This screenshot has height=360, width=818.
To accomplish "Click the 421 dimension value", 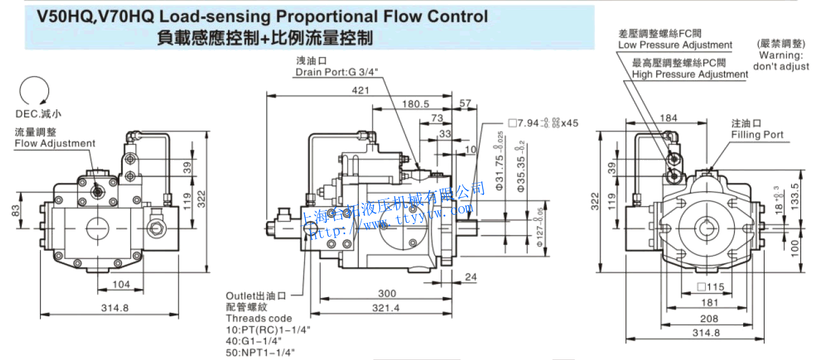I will [x=360, y=90].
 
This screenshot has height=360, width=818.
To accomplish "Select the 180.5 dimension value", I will [x=416, y=104].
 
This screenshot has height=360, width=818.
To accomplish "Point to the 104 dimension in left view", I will [x=120, y=284].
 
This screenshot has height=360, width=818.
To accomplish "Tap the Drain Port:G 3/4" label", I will [x=337, y=72].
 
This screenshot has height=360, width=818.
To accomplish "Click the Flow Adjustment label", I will [x=55, y=143].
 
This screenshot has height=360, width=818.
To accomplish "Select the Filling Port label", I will [x=757, y=135].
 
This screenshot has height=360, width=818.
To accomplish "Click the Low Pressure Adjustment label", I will [x=675, y=45].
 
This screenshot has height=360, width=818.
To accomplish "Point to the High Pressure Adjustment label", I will [x=690, y=74].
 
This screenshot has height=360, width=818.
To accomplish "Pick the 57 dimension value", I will [x=465, y=103].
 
